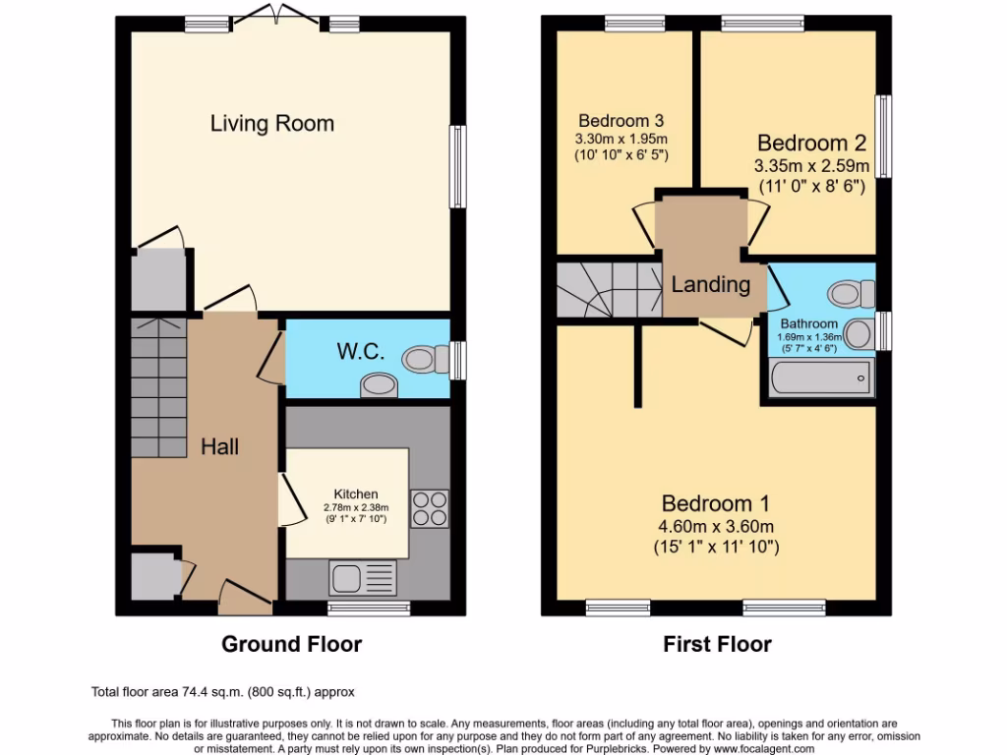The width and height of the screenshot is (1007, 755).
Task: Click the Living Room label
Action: (272, 124)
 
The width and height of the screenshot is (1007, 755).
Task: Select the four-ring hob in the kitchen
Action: (429, 508)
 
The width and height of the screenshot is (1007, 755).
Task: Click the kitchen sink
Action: (364, 577)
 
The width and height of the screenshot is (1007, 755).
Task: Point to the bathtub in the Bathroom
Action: (821, 377)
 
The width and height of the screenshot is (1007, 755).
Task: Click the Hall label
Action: (220, 446)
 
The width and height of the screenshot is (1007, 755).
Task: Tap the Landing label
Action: (710, 285)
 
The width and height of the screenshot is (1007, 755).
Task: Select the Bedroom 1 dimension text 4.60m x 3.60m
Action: (716, 525)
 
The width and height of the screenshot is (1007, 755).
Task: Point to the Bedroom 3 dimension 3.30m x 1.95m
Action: (622, 138)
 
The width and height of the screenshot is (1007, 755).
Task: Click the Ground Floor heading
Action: (291, 645)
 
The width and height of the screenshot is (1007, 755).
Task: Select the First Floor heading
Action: (717, 645)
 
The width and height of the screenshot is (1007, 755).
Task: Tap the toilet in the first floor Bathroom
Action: (852, 293)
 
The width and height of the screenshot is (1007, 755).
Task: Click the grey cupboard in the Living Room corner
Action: (159, 280)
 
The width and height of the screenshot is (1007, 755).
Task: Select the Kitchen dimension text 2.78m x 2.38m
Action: (355, 507)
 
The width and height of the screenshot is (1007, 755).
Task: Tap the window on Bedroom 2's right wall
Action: (884, 138)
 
